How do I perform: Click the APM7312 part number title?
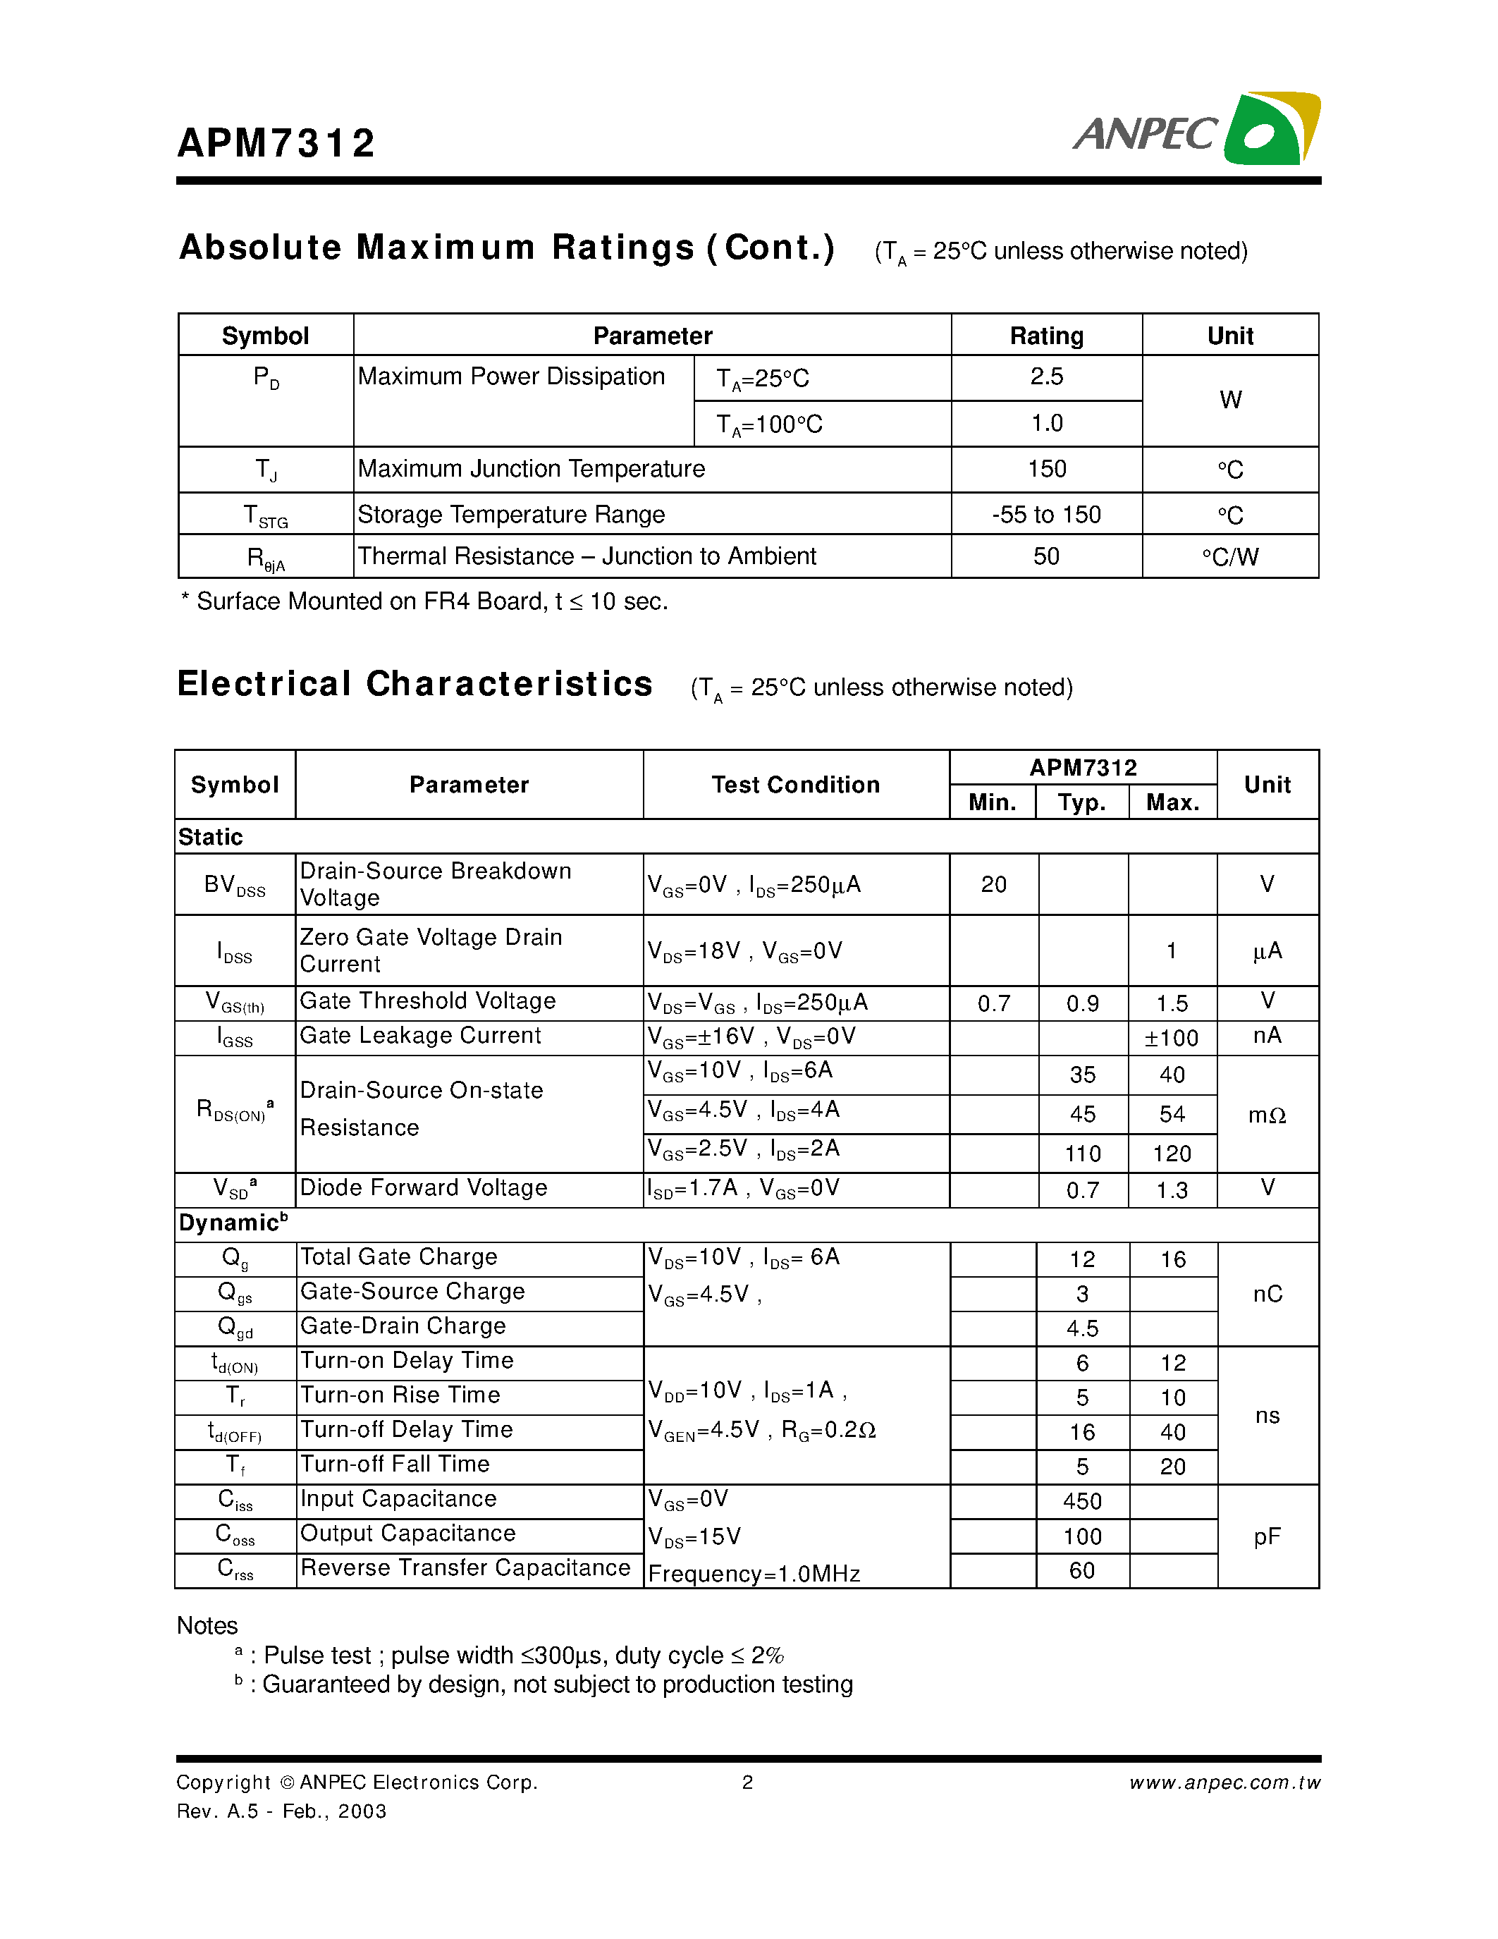pos(277,143)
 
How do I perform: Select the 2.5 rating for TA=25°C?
pos(1046,377)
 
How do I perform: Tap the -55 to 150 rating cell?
pos(1046,514)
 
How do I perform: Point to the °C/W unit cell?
pos(1230,556)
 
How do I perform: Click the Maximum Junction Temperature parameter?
pos(531,469)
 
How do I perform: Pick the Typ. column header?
pos(1082,802)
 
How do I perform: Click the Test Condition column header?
pos(795,785)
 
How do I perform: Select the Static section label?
pos(210,837)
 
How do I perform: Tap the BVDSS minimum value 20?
pos(993,884)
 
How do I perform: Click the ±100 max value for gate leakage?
pos(1172,1038)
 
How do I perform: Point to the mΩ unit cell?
pos(1266,1115)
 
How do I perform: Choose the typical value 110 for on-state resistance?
pos(1083,1154)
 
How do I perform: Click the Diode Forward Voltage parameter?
pos(423,1188)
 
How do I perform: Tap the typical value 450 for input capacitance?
pos(1082,1501)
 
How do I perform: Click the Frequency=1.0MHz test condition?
pos(754,1574)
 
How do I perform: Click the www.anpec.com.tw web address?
pos(1224,1782)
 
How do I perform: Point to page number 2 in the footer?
pos(747,1782)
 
